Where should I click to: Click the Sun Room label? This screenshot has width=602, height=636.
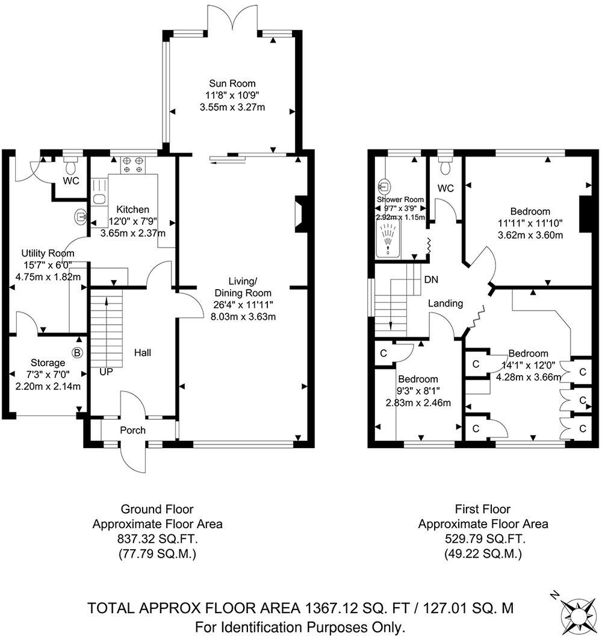point(232,84)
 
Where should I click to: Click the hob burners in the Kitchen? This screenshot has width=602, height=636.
point(132,164)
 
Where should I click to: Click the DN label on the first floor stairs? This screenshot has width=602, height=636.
point(430,279)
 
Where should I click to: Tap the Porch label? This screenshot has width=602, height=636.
point(132,430)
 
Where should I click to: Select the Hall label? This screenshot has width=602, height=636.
point(142,352)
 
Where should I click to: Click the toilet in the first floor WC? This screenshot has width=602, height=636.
point(445,164)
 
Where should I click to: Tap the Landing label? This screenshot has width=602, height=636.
point(445,304)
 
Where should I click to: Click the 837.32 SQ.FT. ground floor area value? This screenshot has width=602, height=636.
point(157,539)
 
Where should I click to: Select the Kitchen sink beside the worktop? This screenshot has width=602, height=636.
point(99,199)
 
